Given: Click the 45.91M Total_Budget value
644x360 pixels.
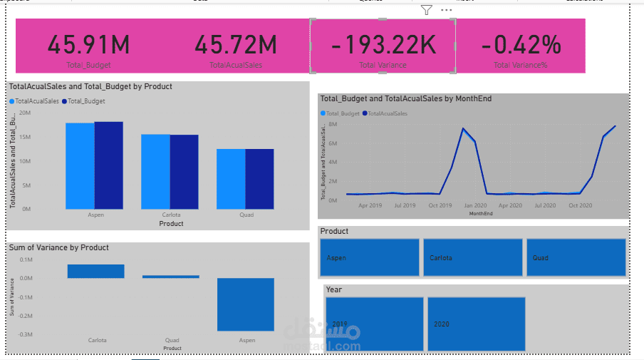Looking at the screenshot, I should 90,45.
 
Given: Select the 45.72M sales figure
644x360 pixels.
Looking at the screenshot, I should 236,45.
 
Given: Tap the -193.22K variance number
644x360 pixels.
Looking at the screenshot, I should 383,45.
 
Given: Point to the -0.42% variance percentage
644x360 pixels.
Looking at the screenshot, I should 521,45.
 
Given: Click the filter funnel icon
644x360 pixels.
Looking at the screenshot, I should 426,10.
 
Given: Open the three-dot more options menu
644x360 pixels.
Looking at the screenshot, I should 446,10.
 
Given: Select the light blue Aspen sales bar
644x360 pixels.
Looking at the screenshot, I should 80,165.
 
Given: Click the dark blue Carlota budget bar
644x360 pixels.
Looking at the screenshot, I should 184,171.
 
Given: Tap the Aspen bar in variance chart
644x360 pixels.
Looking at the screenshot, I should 245,304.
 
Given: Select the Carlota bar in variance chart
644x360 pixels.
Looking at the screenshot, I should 95,271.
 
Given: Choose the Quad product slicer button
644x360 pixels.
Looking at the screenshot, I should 576,257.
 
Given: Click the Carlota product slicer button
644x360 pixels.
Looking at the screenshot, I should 472,257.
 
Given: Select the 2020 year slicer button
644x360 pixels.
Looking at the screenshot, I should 477,324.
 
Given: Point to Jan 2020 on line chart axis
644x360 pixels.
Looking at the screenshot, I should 475,205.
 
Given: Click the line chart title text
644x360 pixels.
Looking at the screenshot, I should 405,99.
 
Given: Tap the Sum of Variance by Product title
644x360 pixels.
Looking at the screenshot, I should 59,247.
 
